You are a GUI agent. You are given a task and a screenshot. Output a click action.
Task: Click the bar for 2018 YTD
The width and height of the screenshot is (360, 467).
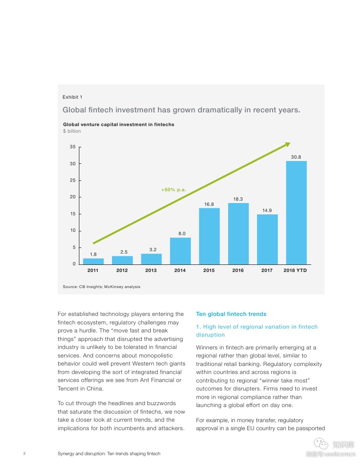[x=296, y=212]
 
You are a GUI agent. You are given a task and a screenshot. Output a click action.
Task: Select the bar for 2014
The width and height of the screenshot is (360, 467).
[x=180, y=251]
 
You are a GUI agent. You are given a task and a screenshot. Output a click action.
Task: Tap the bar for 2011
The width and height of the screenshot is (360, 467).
[x=93, y=261]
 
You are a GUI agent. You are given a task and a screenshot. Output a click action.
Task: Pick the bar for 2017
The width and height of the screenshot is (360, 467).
[x=267, y=239]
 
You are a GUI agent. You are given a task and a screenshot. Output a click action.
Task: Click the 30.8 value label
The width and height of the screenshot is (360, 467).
[x=296, y=157]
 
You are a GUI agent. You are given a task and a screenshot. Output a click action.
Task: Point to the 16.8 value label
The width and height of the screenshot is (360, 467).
[x=209, y=204]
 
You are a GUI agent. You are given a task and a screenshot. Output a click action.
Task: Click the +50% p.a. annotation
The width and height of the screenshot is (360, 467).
[x=173, y=190]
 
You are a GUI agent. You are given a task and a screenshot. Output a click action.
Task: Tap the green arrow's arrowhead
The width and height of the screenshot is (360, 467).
[x=288, y=144]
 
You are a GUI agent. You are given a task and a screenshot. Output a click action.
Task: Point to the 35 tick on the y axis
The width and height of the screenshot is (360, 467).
[x=73, y=147]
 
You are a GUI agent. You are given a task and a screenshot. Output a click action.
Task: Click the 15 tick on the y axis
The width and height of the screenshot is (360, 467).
[x=73, y=214]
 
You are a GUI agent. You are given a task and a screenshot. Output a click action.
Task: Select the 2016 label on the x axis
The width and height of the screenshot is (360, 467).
[x=238, y=271]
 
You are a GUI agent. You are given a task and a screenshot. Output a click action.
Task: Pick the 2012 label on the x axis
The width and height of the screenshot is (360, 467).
[x=122, y=271]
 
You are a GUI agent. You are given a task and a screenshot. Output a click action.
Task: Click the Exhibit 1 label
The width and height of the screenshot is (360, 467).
[x=72, y=97]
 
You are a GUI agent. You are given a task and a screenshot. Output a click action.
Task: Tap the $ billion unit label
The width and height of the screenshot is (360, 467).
[x=72, y=131]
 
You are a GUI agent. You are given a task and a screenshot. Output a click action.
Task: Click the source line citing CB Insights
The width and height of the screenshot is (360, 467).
[x=101, y=287]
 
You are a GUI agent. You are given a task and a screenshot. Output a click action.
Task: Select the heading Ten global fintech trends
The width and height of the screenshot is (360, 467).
[x=231, y=314]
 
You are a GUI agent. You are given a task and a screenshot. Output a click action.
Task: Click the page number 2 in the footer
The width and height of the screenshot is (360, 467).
[x=24, y=454]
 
